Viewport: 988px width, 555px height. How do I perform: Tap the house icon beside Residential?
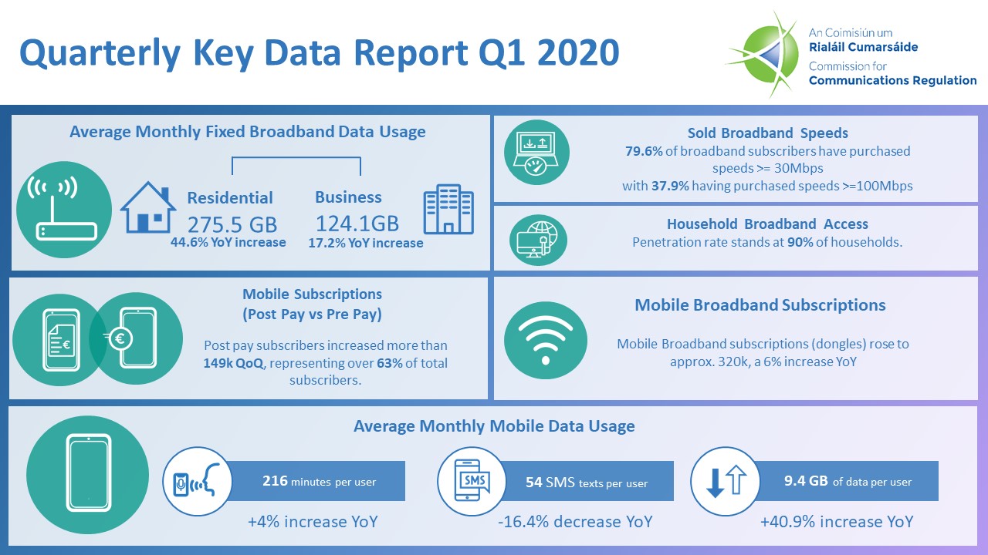(146, 207)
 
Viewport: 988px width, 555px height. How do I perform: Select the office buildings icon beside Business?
(448, 209)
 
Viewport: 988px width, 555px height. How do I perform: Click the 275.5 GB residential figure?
(232, 224)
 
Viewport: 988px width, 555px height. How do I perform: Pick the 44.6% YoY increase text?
(228, 243)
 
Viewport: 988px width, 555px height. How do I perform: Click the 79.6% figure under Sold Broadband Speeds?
(643, 151)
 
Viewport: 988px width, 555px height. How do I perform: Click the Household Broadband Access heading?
(767, 224)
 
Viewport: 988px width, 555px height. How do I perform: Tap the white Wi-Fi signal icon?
(545, 340)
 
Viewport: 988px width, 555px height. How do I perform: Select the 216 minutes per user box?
(319, 482)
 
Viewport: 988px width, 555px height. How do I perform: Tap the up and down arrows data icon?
(726, 481)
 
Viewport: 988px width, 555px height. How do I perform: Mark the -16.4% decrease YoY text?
(575, 522)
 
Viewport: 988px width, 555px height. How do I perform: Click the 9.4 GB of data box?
(847, 482)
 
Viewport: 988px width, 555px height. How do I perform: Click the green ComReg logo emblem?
(764, 53)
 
